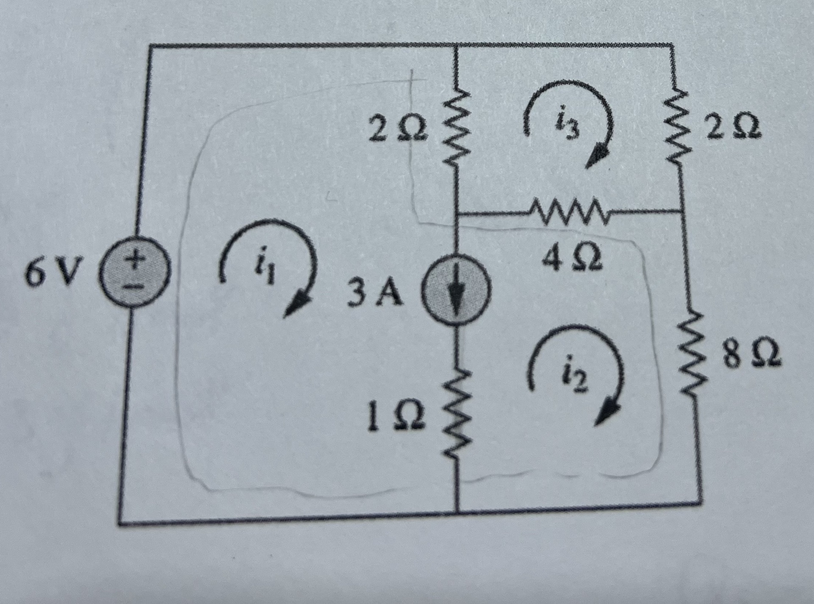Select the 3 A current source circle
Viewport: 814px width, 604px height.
[456, 294]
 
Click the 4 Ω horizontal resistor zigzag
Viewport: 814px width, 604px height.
[568, 210]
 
